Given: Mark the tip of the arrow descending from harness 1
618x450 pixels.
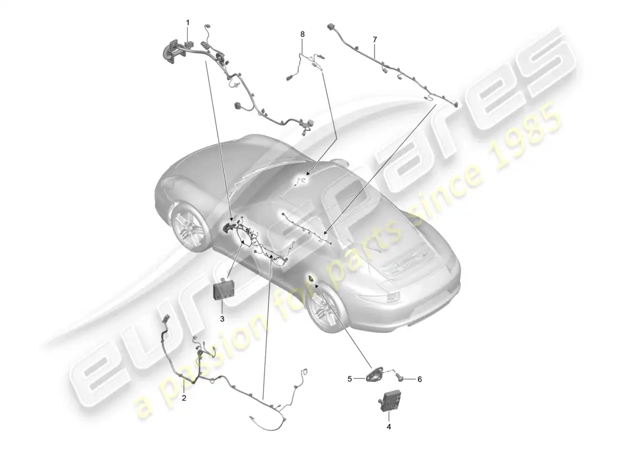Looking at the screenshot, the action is (x=233, y=220).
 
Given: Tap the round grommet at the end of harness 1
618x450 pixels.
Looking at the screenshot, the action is (x=169, y=52).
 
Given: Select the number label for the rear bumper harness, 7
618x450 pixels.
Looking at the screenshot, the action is (x=375, y=39).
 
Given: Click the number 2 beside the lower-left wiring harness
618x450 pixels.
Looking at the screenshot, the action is (x=184, y=398).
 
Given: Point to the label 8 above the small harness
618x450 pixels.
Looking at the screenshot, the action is (x=303, y=34).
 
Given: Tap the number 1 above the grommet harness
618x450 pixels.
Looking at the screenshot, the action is (x=188, y=22).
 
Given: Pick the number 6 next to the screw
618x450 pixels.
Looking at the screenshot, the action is (x=420, y=379).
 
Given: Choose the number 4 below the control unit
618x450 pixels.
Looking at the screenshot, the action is (x=389, y=427).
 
